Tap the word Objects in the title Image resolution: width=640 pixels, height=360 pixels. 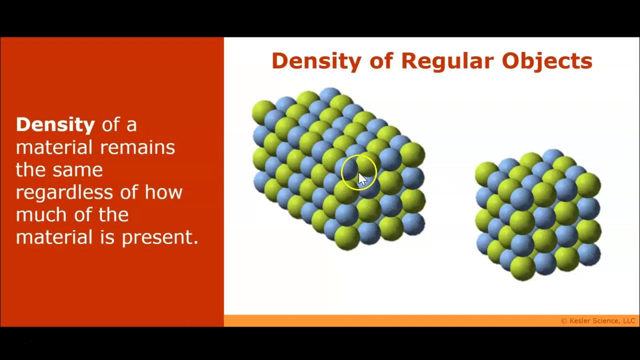547,61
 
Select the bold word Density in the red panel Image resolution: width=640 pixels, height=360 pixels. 55,124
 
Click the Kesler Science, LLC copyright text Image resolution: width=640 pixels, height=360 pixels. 598,321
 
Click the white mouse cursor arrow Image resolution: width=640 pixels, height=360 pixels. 362,178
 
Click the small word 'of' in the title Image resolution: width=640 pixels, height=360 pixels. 380,61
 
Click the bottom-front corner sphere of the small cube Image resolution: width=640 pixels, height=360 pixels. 522,267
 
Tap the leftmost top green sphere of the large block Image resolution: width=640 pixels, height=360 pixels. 263,111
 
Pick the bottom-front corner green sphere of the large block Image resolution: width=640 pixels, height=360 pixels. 346,236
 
